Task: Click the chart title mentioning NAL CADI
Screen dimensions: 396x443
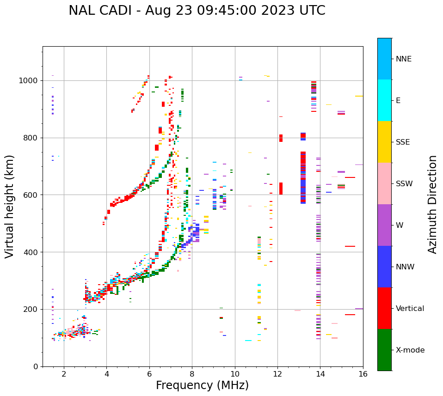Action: click(197, 11)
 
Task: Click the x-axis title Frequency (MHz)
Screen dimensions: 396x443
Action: click(202, 385)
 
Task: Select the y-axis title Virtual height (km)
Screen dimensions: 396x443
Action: click(10, 206)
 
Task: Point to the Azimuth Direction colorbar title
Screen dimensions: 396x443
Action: click(432, 204)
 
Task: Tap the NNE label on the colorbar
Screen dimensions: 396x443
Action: click(403, 59)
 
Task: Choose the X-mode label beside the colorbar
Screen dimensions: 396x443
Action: click(410, 350)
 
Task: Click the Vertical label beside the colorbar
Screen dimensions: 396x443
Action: click(410, 309)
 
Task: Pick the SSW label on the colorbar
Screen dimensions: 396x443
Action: click(404, 184)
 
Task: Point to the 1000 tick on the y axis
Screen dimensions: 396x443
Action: click(29, 81)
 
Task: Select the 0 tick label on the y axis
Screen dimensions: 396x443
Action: click(35, 366)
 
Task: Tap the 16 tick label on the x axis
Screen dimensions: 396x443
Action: click(363, 374)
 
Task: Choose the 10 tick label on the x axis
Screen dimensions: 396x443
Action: click(234, 374)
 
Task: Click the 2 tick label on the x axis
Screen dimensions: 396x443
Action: click(64, 374)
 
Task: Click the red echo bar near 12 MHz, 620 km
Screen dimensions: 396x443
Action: click(281, 189)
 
